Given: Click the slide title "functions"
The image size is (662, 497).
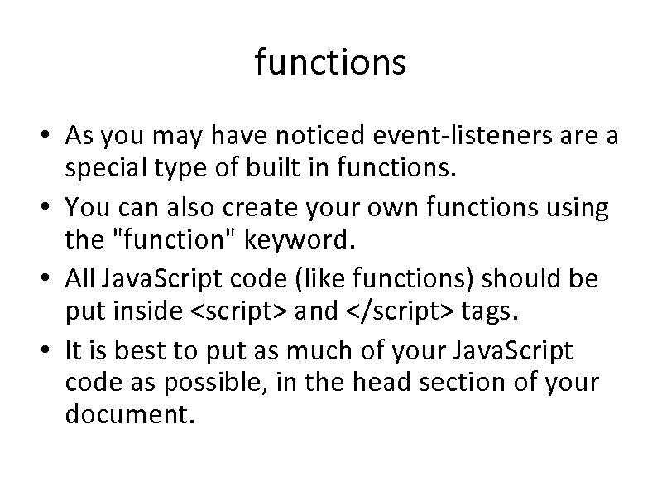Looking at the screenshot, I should (330, 62).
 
